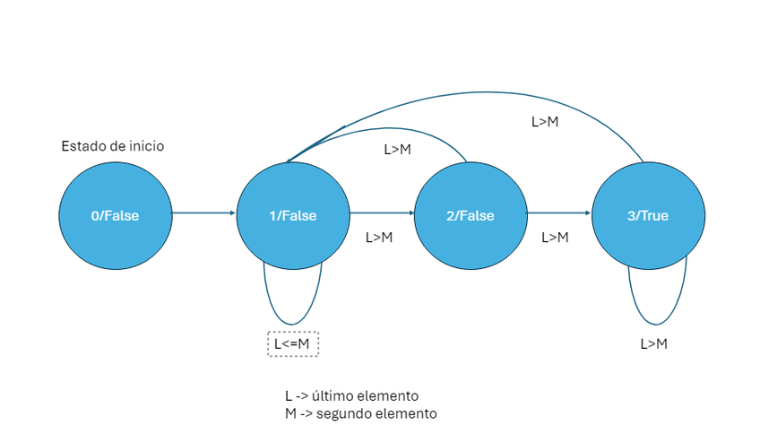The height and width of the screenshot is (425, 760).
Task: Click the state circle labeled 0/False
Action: [115, 215]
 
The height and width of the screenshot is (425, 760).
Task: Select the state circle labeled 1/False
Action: [292, 215]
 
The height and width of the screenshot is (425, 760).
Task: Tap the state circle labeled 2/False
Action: [471, 215]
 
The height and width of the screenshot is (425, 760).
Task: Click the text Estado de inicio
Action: [112, 146]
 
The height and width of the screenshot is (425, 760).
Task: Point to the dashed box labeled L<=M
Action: [293, 343]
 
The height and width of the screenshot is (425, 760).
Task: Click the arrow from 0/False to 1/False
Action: [203, 213]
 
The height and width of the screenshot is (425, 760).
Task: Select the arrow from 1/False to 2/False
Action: [382, 213]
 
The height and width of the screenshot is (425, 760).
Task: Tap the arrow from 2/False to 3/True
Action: [559, 213]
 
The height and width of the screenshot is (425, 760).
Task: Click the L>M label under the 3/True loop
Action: [653, 343]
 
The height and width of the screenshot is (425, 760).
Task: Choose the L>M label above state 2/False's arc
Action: [397, 150]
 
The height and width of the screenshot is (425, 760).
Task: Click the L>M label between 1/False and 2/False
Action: [379, 238]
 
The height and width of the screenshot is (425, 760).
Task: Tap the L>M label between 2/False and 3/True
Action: [556, 238]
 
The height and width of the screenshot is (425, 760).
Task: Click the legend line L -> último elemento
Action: [351, 395]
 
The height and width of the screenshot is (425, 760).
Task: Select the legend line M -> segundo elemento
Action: [360, 413]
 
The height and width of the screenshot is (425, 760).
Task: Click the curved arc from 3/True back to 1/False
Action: [466, 92]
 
